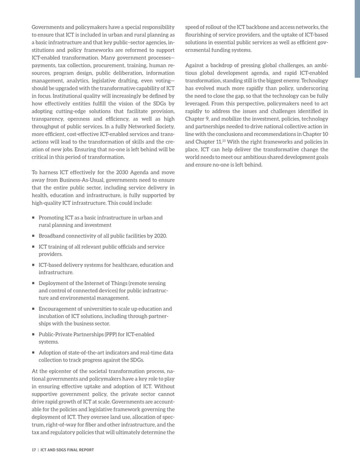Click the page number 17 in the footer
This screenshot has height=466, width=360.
34,450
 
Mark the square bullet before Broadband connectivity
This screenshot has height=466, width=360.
33,235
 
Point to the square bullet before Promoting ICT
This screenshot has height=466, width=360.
33,217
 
